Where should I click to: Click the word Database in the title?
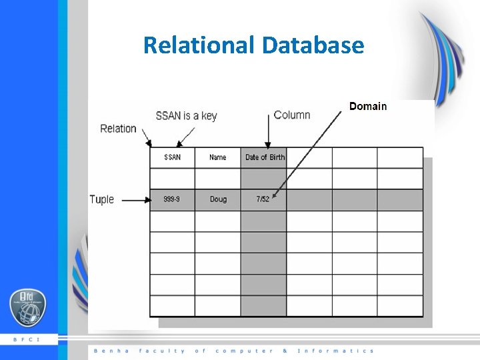[313, 45]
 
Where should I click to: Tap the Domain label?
[367, 107]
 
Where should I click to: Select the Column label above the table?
[292, 115]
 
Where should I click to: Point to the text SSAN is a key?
[186, 115]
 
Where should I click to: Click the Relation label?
[118, 129]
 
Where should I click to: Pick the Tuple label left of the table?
[102, 199]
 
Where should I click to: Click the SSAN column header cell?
[172, 157]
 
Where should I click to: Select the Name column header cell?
[217, 157]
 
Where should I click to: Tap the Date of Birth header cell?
[264, 157]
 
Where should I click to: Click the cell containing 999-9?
[172, 199]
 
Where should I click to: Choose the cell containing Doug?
[217, 199]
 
